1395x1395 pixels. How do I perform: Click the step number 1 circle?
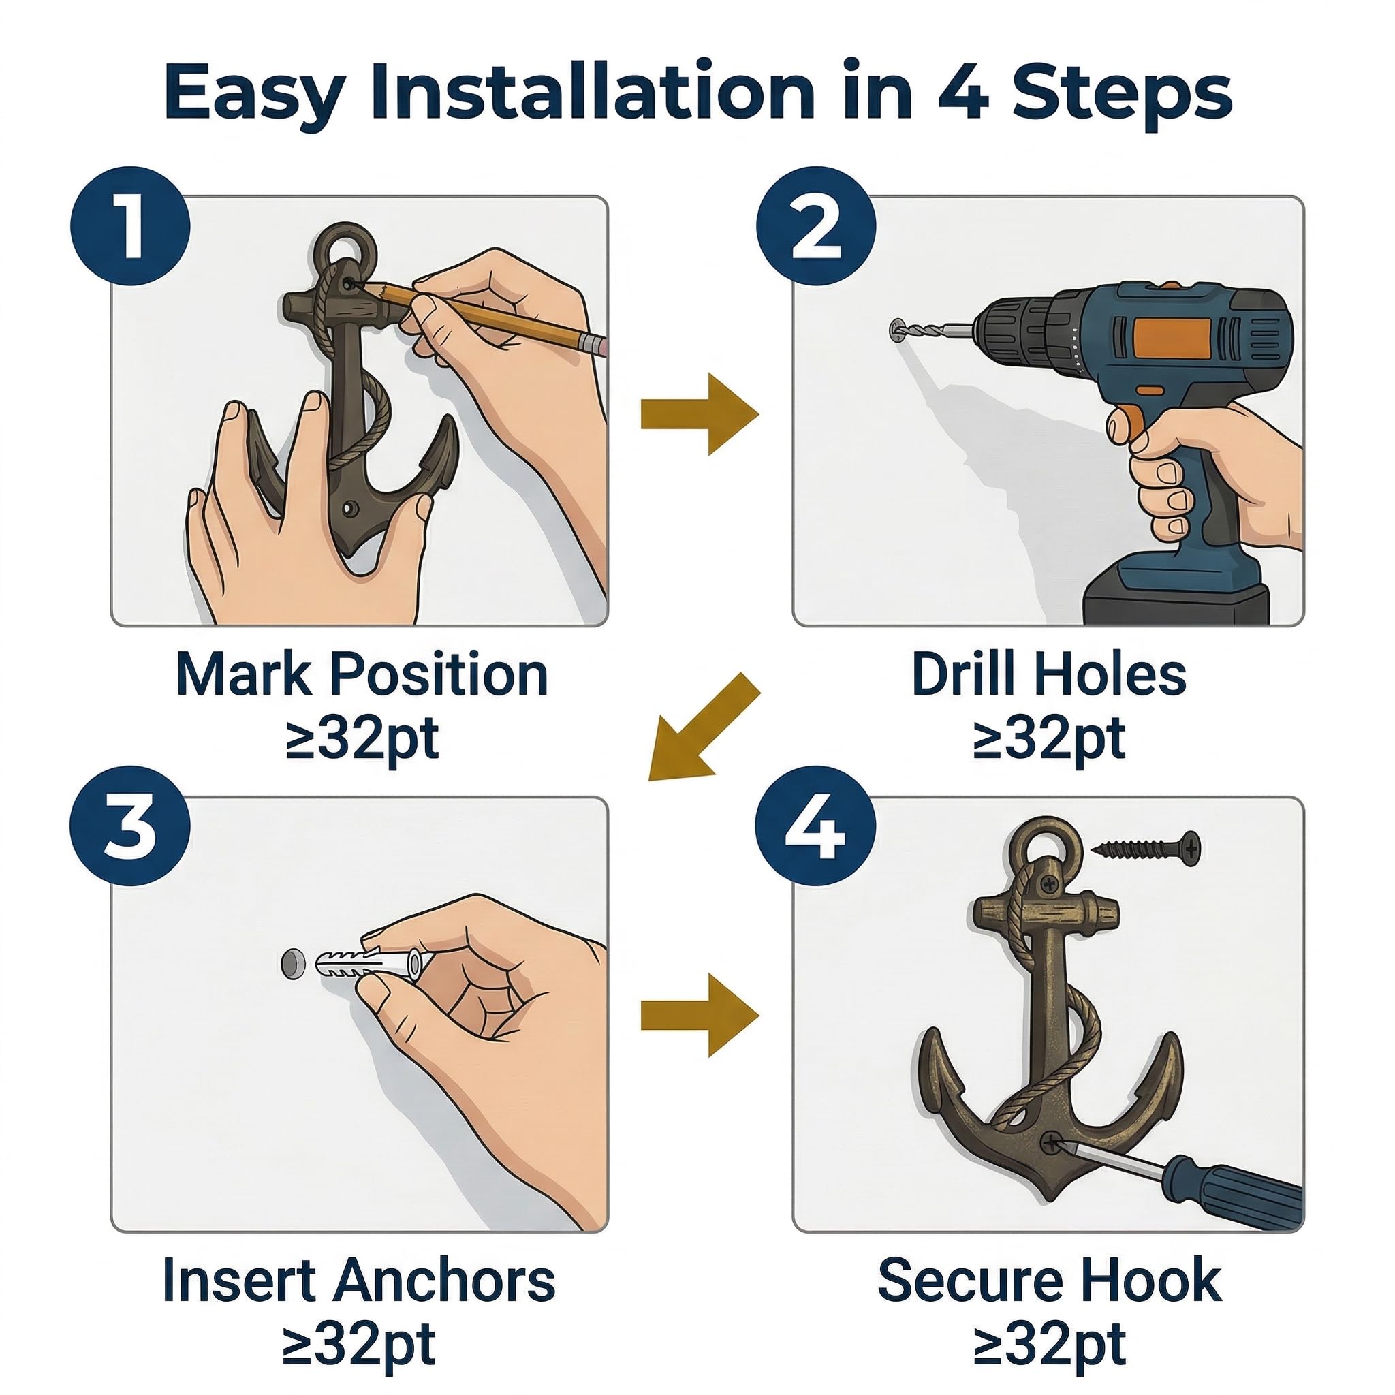pyautogui.click(x=130, y=226)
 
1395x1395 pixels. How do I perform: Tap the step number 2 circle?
pyautogui.click(x=816, y=226)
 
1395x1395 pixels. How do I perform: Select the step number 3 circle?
pyautogui.click(x=130, y=826)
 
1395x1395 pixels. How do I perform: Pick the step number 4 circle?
pyautogui.click(x=816, y=826)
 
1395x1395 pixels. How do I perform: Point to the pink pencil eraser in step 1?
pyautogui.click(x=594, y=344)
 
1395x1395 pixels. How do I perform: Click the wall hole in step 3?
pyautogui.click(x=292, y=964)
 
